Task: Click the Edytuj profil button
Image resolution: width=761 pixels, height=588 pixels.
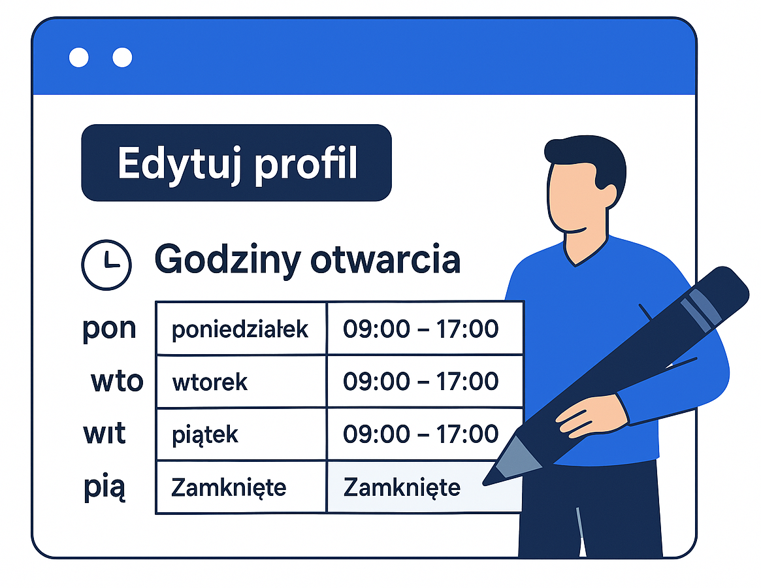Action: click(x=236, y=163)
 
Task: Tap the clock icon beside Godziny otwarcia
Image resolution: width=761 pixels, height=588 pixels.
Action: click(x=106, y=265)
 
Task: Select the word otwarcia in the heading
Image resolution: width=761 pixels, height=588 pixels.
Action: click(x=385, y=260)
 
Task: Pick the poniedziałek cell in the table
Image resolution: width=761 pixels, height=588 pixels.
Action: click(x=241, y=329)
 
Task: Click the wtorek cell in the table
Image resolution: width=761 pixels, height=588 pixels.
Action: click(x=241, y=382)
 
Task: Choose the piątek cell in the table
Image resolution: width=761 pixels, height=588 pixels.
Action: click(x=241, y=434)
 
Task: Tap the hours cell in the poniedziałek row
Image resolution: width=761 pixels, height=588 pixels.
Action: click(x=425, y=329)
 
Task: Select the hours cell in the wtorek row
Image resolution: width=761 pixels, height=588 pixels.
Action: click(x=425, y=382)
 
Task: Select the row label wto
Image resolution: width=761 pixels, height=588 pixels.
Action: click(x=117, y=381)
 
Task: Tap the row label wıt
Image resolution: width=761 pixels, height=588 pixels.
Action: click(x=105, y=433)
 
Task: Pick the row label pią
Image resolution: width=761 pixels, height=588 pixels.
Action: click(x=105, y=487)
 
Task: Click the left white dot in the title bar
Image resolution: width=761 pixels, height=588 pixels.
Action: click(x=78, y=57)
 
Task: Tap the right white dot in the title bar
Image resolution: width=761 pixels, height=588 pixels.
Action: click(x=122, y=57)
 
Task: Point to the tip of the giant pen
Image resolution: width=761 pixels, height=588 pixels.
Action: click(x=484, y=483)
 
